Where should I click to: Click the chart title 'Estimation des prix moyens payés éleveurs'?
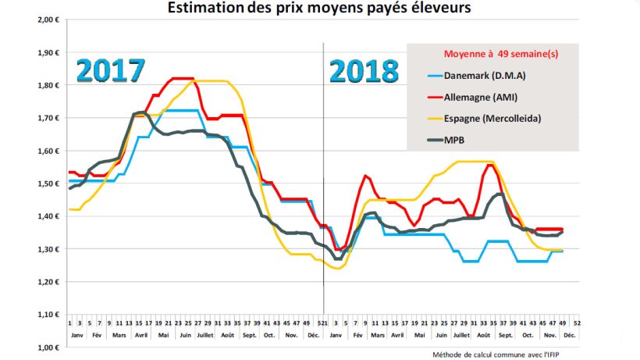click(321, 9)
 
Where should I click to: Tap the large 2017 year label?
click(111, 70)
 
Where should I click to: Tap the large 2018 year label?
click(364, 71)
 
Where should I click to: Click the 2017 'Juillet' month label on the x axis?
click(205, 333)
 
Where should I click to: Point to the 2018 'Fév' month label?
click(357, 333)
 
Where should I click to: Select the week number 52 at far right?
click(576, 321)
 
